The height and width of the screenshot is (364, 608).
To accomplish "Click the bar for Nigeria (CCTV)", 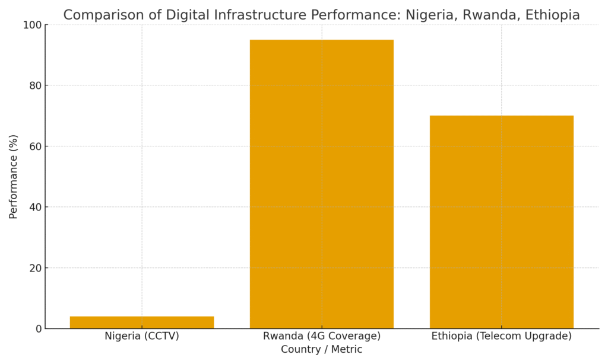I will [x=141, y=322].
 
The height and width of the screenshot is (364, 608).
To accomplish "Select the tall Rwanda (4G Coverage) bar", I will [x=321, y=184].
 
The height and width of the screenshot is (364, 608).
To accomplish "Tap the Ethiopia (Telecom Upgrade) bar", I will [x=501, y=222].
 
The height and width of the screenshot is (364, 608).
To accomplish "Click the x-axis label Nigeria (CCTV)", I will [x=141, y=336].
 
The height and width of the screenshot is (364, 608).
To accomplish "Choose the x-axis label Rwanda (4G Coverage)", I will [x=321, y=336].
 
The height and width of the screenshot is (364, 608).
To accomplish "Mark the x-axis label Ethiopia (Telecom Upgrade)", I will [x=501, y=336].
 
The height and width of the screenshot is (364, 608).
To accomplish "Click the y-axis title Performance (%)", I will [x=14, y=177].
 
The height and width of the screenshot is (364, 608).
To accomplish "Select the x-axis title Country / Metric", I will [x=321, y=350].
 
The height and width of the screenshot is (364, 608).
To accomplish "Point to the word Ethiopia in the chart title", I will [x=552, y=15].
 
